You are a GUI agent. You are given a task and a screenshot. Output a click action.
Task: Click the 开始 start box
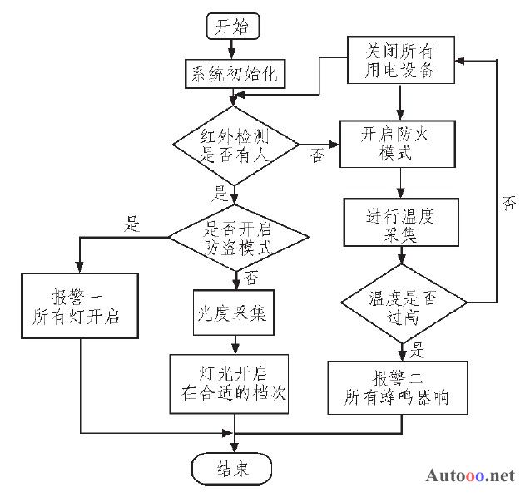pyautogui.click(x=233, y=26)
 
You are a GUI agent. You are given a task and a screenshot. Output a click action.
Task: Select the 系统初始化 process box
pyautogui.click(x=235, y=74)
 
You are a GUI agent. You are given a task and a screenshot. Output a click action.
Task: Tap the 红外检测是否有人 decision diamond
pyautogui.click(x=235, y=145)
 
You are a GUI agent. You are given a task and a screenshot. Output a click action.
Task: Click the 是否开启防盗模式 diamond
pyautogui.click(x=239, y=238)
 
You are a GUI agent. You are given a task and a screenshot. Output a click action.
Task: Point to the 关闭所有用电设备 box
pyautogui.click(x=401, y=60)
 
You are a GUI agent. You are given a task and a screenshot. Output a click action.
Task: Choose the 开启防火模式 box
pyautogui.click(x=398, y=144)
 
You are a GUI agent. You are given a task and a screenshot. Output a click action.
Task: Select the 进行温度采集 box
pyautogui.click(x=401, y=223)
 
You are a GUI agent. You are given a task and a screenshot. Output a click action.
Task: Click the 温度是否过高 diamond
pyautogui.click(x=404, y=303)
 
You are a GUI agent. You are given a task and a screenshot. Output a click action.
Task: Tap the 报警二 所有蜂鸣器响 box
pyautogui.click(x=398, y=387)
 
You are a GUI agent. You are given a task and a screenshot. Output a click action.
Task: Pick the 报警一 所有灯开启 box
pyautogui.click(x=80, y=306)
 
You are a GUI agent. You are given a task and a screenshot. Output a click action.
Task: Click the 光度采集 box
pyautogui.click(x=233, y=312)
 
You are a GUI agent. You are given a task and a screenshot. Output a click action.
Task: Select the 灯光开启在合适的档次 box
pyautogui.click(x=229, y=384)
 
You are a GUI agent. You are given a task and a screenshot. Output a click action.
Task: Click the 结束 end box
pyautogui.click(x=231, y=469)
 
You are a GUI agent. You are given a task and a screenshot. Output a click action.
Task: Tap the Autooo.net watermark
pyautogui.click(x=470, y=475)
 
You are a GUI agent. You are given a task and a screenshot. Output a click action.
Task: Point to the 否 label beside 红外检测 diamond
pyautogui.click(x=317, y=156)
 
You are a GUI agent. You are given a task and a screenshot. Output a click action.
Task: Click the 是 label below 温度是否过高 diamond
pyautogui.click(x=417, y=350)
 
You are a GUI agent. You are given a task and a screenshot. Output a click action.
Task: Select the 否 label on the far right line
pyautogui.click(x=509, y=203)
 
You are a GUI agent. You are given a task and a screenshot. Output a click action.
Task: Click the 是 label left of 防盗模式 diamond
pyautogui.click(x=132, y=224)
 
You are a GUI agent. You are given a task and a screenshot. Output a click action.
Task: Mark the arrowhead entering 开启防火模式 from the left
pyautogui.click(x=334, y=145)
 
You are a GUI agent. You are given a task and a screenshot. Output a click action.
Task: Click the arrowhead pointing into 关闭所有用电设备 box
pyautogui.click(x=460, y=61)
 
